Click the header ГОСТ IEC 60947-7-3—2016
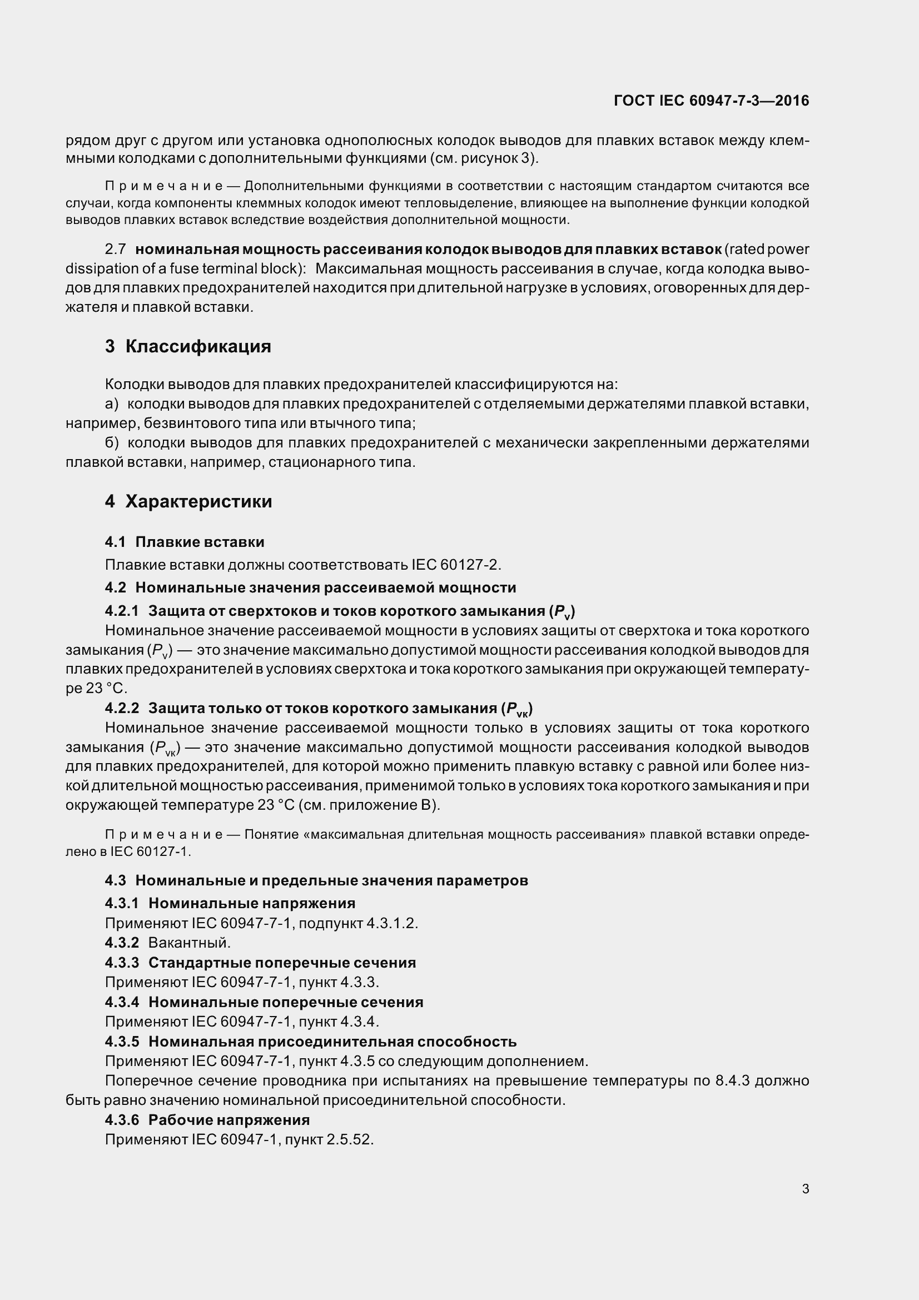(711, 101)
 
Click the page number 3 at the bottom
(805, 1189)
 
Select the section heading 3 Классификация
(188, 346)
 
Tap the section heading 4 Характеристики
(188, 501)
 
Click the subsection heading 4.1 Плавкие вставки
(185, 542)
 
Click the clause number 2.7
(116, 249)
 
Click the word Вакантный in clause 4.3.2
(188, 943)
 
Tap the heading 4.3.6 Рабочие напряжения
(207, 1120)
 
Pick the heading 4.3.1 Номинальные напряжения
(230, 903)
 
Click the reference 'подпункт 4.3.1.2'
(358, 923)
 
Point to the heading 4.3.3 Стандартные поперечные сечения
(261, 963)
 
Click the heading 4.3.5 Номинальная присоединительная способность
(310, 1041)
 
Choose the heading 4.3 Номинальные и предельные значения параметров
(316, 880)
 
